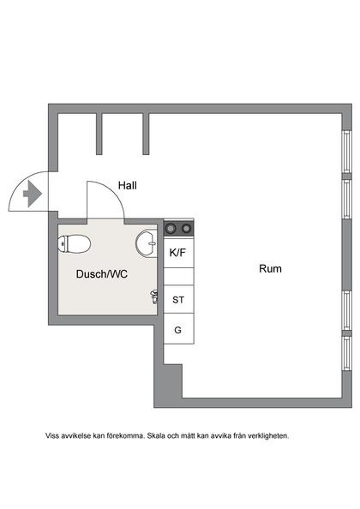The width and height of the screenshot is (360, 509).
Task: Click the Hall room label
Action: (x=127, y=185)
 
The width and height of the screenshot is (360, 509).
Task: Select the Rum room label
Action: (x=270, y=269)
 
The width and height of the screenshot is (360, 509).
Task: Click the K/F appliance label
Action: (x=178, y=253)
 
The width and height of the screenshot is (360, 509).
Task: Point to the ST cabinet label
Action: (x=178, y=300)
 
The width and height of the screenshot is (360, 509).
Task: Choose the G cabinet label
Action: (x=178, y=329)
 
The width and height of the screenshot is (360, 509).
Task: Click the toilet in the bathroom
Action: (x=75, y=245)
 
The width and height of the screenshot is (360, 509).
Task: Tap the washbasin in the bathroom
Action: (x=147, y=245)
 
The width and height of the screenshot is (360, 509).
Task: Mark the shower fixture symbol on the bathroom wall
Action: (x=155, y=296)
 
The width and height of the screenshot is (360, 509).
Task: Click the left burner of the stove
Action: (x=171, y=229)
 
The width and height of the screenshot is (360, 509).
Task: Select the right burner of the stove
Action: (x=185, y=229)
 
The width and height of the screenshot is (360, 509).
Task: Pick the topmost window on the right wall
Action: (x=347, y=154)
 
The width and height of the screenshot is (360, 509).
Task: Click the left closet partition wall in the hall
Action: (x=100, y=134)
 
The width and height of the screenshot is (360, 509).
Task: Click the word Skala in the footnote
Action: (x=160, y=435)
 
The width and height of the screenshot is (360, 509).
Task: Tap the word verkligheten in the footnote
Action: (x=266, y=435)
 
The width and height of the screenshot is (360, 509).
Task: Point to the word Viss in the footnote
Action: (x=53, y=435)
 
